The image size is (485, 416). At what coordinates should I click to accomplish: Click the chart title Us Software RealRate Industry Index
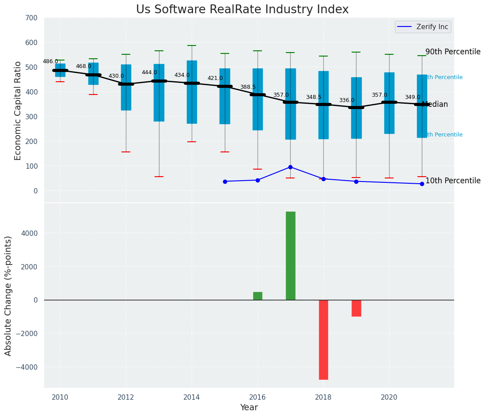pos(242,10)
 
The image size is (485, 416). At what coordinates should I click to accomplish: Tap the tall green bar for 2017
pos(290,256)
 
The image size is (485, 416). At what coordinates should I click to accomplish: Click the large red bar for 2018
pos(323,340)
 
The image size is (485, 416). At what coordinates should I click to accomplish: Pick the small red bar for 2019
pos(356,308)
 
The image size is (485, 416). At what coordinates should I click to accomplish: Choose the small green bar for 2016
pos(258,296)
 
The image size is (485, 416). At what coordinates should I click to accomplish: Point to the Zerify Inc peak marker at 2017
pos(290,167)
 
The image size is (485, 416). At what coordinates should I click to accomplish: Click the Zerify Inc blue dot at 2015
pos(225,182)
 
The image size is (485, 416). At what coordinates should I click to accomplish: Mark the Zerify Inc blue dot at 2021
pos(422,184)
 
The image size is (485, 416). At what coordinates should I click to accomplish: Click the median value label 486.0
pos(50,61)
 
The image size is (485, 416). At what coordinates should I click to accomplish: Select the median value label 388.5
pos(248,87)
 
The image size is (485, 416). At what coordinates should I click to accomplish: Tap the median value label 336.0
pos(347,100)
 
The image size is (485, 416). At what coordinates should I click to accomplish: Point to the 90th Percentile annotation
pos(453,52)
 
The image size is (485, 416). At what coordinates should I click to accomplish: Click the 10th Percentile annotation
pos(453,181)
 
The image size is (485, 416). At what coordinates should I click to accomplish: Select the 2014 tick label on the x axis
pos(192,397)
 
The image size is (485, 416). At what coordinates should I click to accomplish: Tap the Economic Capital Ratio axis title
pos(18,110)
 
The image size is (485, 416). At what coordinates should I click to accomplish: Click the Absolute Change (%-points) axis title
pos(8,295)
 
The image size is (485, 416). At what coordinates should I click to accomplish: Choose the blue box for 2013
pos(159,93)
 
